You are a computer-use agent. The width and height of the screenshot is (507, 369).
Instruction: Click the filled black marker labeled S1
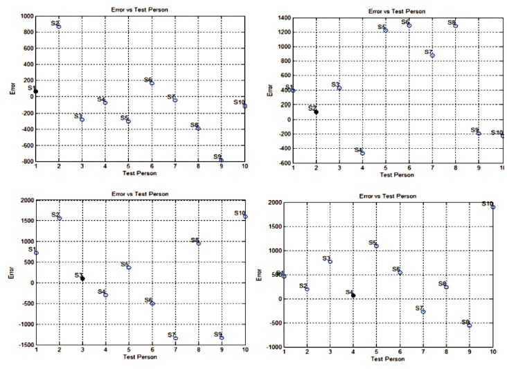[36, 91]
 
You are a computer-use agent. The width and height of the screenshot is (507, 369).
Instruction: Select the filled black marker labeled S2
[317, 111]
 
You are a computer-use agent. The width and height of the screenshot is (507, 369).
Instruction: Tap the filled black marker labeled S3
[82, 278]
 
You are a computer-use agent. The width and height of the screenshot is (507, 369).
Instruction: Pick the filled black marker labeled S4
[353, 295]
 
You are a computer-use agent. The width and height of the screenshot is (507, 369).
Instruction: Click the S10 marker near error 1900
[493, 207]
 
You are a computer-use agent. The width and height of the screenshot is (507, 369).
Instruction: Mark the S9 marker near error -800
[222, 161]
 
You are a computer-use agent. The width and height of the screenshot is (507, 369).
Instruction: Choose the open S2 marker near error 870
[60, 26]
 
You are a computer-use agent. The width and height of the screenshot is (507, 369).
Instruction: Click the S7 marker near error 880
[432, 55]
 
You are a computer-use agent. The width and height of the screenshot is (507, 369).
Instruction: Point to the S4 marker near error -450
[363, 152]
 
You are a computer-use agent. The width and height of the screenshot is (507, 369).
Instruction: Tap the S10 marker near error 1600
[245, 217]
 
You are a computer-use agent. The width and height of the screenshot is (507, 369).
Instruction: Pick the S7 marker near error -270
[423, 312]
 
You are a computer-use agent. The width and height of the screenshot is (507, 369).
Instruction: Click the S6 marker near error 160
[152, 84]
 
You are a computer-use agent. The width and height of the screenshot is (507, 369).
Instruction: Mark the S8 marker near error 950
[199, 243]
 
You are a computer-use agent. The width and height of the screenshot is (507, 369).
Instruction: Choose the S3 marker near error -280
[82, 119]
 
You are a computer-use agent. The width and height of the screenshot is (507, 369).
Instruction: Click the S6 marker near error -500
[152, 303]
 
